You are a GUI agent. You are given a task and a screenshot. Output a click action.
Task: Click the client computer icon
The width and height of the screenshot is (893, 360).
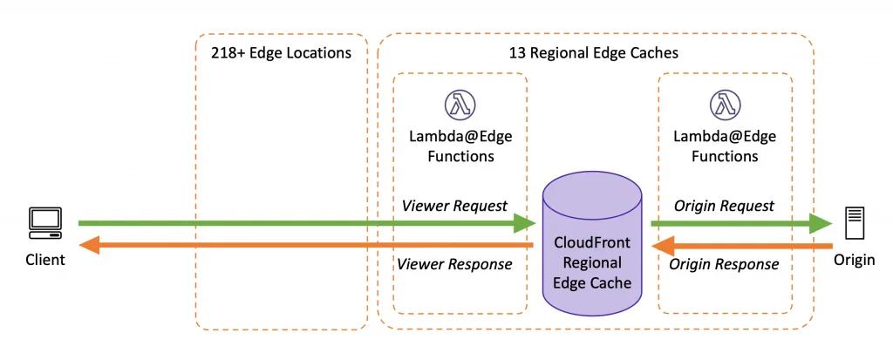(x=45, y=223)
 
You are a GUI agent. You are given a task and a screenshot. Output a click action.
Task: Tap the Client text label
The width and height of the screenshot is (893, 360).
(x=45, y=260)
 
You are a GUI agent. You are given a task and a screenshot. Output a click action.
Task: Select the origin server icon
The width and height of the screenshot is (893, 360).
(x=855, y=223)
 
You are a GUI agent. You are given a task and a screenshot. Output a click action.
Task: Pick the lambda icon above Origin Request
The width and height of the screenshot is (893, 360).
(x=724, y=105)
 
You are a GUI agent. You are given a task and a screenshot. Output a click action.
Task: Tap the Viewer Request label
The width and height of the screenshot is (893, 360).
(x=454, y=206)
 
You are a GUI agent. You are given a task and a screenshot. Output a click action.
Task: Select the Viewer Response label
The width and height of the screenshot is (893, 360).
(x=454, y=264)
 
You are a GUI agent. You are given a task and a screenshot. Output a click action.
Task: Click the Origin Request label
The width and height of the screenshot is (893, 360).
(x=724, y=206)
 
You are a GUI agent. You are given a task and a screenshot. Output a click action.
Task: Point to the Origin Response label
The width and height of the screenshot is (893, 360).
(x=724, y=264)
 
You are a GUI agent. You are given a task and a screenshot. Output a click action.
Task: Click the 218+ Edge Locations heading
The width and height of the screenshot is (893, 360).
(x=281, y=53)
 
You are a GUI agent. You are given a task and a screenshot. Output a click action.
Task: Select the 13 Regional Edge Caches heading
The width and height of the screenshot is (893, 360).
(x=593, y=53)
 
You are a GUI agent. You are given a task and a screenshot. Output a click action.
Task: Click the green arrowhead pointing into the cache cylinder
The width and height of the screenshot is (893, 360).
(x=525, y=224)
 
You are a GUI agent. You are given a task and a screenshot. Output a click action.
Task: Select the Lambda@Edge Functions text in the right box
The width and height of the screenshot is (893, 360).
(x=724, y=146)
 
